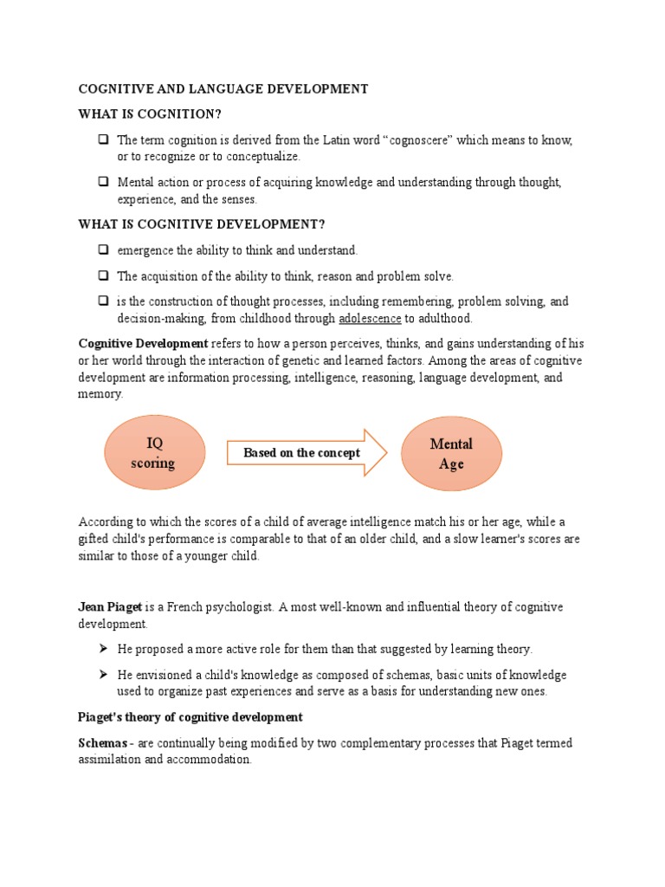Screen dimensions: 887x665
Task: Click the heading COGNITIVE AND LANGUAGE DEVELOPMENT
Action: (x=223, y=89)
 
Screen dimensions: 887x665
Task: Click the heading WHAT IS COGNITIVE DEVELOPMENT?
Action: (x=202, y=224)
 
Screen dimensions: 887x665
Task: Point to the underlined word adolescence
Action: (x=370, y=319)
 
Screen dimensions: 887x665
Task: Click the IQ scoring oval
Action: (x=154, y=452)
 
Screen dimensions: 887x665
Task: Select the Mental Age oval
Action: (x=451, y=453)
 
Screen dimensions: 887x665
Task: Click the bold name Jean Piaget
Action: (x=110, y=607)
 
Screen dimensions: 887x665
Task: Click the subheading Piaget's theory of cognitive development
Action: (x=190, y=717)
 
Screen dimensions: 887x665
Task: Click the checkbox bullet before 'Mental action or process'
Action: (x=103, y=183)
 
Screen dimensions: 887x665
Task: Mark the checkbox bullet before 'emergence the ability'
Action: (x=103, y=250)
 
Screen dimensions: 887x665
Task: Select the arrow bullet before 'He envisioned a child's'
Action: (x=103, y=675)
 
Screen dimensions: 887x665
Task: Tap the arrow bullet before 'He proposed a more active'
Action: (x=103, y=649)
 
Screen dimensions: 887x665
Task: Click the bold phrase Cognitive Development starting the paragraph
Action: (x=143, y=344)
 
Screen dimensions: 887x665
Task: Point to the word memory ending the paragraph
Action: (x=100, y=394)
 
